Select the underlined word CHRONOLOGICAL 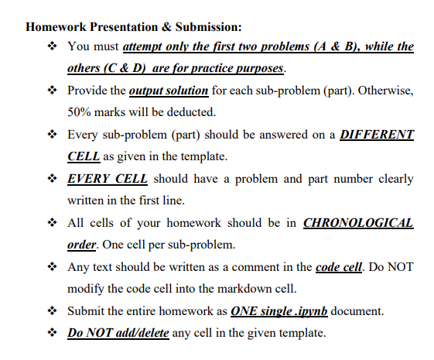358,224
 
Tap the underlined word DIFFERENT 374,134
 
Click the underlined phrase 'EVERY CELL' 108,179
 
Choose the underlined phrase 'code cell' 338,267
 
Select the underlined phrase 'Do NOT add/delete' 116,334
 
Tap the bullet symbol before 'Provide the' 52,91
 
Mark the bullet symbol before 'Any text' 52,267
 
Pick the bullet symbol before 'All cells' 52,224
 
